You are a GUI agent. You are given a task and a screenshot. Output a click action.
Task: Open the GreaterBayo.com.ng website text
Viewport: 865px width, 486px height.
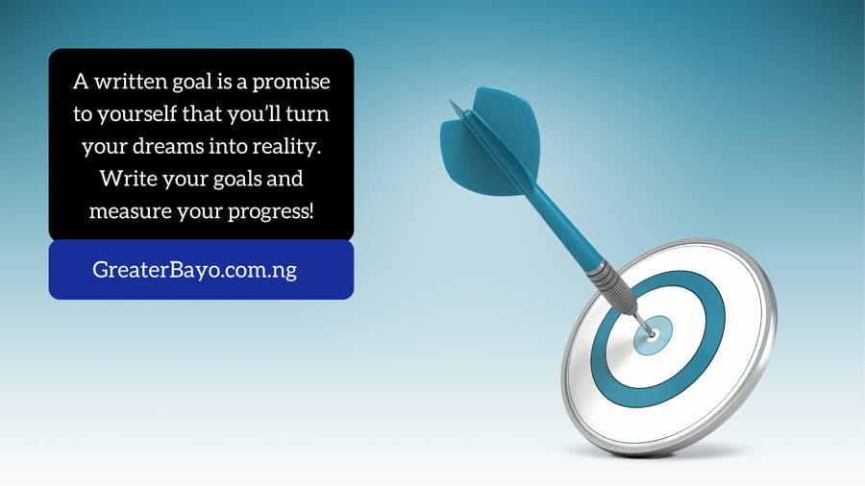tap(194, 270)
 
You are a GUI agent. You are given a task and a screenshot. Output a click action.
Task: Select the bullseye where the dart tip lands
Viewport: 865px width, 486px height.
tap(654, 333)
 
